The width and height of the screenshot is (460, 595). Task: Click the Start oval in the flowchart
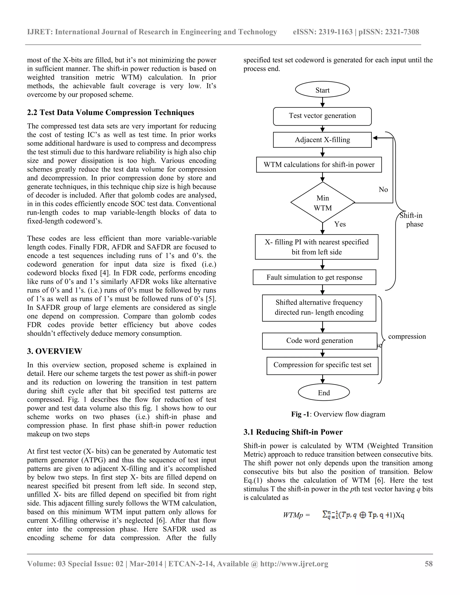(322, 90)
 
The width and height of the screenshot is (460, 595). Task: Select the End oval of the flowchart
(324, 392)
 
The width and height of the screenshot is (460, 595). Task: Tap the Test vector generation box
(322, 116)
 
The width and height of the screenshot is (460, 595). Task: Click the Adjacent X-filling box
(322, 140)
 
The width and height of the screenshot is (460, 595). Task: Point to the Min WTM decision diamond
(323, 203)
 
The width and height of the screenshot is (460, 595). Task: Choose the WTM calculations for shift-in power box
(319, 165)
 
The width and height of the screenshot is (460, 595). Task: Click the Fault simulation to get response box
(314, 277)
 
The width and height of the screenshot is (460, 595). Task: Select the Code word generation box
(319, 341)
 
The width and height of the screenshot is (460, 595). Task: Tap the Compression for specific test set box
(322, 365)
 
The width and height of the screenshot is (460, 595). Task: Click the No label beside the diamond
(383, 190)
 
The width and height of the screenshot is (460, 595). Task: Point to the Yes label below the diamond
(340, 224)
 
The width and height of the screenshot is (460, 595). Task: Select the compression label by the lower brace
(407, 337)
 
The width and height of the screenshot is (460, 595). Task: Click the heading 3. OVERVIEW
(55, 351)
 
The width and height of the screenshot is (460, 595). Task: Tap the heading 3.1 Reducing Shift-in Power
(293, 432)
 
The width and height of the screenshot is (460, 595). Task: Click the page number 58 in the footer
(428, 564)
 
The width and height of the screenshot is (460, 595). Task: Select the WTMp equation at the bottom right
(343, 515)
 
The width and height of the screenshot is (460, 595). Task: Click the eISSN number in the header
(323, 32)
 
